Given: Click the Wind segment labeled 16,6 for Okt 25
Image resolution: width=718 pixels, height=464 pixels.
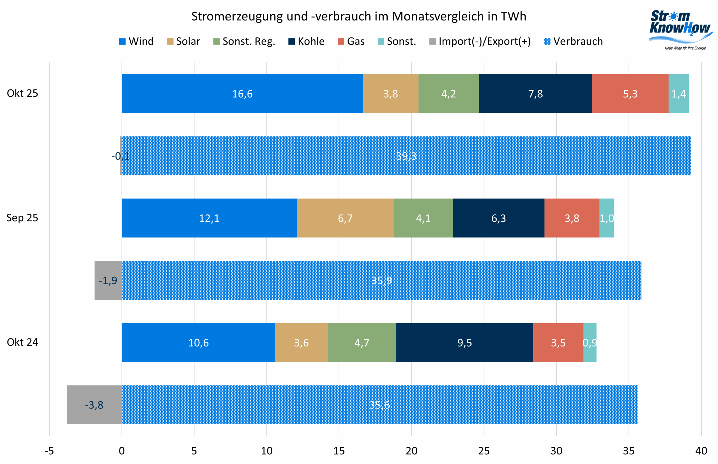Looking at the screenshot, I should point(242,94).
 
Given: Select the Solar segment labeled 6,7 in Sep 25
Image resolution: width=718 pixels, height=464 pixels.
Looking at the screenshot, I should point(345,218).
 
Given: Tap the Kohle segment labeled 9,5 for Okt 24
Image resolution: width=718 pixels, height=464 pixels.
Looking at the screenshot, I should point(464,343).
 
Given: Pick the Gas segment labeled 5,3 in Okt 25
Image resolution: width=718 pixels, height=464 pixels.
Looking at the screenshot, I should point(630,94).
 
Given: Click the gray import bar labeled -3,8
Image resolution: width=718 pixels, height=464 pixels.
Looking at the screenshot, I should point(94,405).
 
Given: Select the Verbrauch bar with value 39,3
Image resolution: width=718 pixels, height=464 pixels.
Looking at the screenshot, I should point(406,156).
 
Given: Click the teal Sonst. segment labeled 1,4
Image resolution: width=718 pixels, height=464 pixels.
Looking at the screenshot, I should point(678,94).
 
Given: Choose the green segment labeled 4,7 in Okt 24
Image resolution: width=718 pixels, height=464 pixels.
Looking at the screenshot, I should point(362,343).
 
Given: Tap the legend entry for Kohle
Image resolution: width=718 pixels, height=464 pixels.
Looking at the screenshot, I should point(307,41).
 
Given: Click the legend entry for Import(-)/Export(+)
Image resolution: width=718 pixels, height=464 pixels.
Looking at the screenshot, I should point(480,41).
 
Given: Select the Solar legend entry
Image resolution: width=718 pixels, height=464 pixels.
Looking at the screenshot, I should point(184,41).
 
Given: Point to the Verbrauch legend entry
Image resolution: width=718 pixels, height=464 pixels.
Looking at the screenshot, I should point(573,41).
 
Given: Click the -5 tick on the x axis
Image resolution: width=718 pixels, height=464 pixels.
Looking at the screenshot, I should point(49,451).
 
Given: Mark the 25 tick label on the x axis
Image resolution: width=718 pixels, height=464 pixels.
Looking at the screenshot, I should point(484,451).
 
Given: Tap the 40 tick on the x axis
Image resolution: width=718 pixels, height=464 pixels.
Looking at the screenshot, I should point(701,451).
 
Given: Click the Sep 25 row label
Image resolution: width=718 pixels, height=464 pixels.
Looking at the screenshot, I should point(22,218).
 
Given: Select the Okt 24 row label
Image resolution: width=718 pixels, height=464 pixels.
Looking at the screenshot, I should point(22,342).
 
